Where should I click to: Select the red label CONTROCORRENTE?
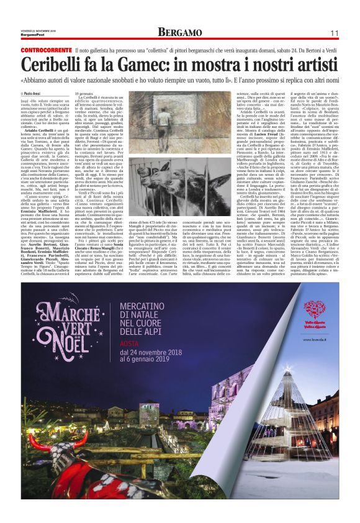tap(45, 49)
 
